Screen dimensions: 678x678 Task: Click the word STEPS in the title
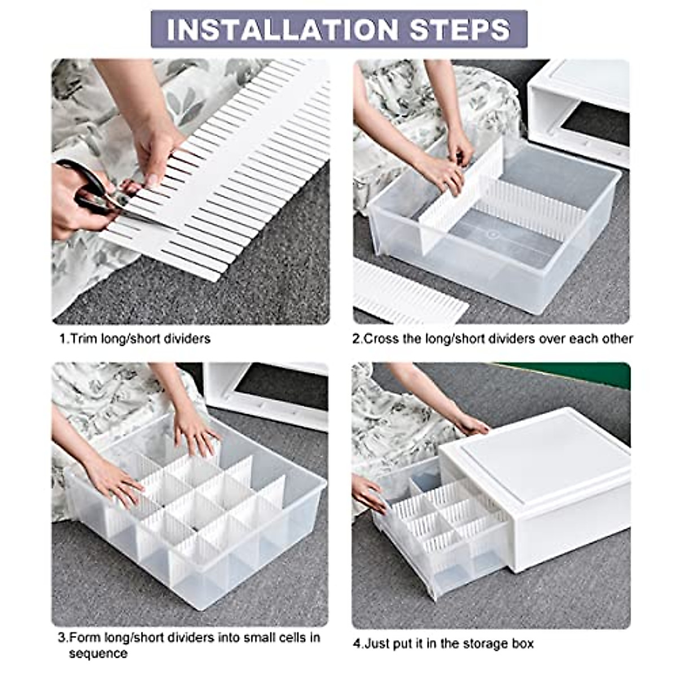click(460, 29)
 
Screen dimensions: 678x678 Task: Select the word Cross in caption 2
click(381, 339)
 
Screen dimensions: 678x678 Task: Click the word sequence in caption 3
click(98, 654)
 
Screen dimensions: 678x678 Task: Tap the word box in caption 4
click(521, 644)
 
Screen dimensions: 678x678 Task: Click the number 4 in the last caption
click(357, 644)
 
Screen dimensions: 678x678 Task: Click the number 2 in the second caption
click(357, 339)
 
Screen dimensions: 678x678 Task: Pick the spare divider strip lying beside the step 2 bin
click(407, 294)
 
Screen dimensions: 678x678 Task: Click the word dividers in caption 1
click(186, 339)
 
